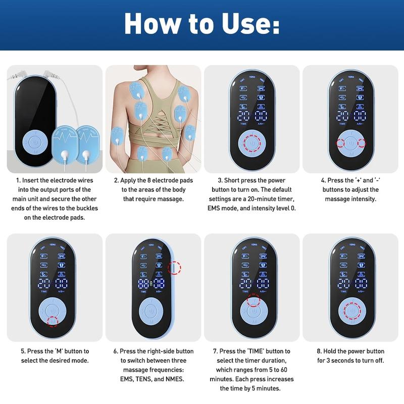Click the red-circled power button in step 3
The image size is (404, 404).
point(252,143)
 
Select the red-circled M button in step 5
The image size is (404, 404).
point(53,321)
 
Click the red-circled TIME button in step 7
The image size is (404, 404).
point(252,301)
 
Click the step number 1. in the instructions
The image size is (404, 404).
point(19,180)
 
